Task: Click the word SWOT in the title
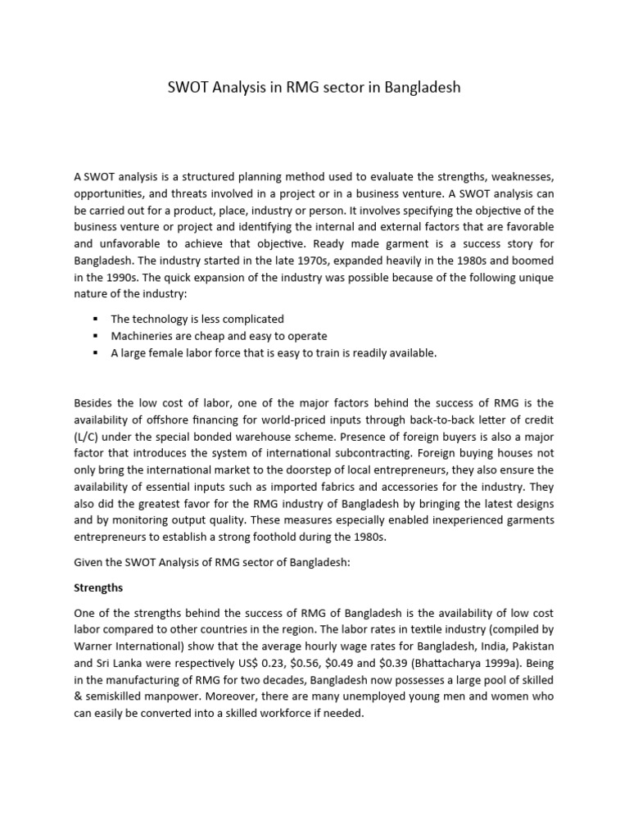pos(187,86)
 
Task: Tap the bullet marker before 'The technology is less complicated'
pos(96,319)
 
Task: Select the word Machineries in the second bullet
pos(144,336)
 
